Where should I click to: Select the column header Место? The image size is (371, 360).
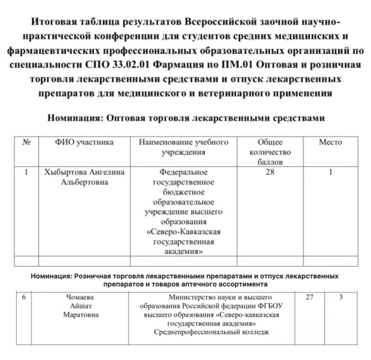pos(330,143)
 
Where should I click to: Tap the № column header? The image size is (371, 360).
pos(27,143)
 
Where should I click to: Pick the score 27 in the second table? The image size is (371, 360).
pos(310,297)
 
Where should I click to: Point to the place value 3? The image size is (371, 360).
pos(341,297)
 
